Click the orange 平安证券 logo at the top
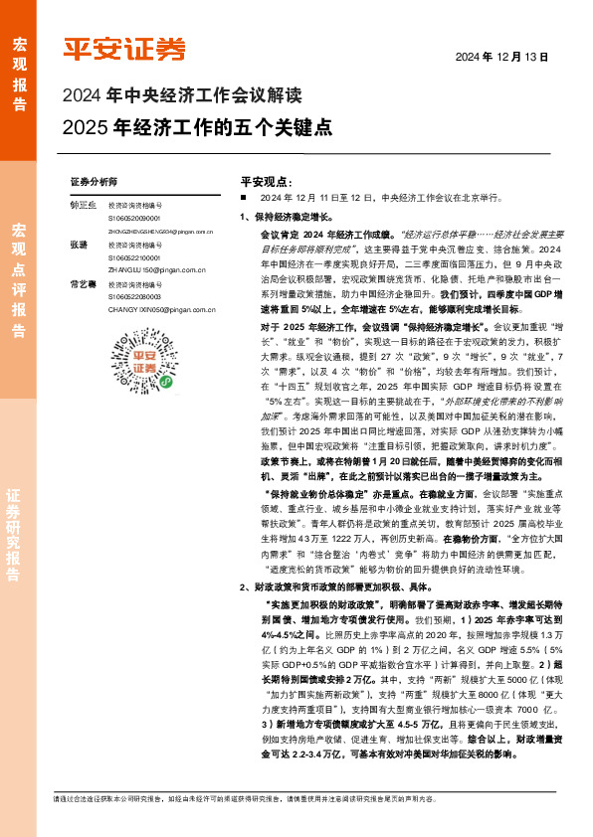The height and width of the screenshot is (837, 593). click(124, 49)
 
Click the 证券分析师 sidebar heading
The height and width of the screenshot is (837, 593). click(94, 183)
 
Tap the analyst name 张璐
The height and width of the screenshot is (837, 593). click(79, 245)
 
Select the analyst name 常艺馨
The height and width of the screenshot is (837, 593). click(83, 285)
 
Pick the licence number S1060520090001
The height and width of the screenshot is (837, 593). click(133, 218)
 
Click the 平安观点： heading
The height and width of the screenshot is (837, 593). click(265, 183)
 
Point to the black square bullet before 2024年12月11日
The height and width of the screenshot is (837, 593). click(243, 198)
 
